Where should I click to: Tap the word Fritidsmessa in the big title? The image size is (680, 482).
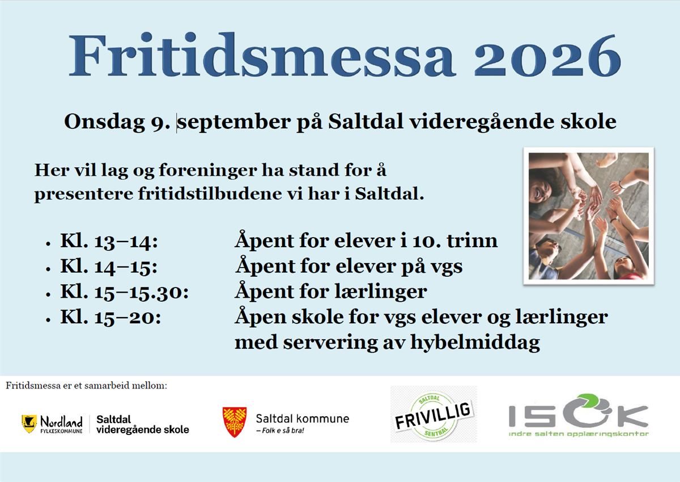(262, 55)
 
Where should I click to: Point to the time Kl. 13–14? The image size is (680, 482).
(109, 242)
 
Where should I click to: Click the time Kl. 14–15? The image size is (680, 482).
(109, 267)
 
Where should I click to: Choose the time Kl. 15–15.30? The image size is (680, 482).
(125, 293)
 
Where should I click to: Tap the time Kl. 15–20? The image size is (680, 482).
(110, 318)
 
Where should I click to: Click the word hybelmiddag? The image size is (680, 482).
(475, 343)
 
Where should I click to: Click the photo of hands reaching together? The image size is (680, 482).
(589, 216)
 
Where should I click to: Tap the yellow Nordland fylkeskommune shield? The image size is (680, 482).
(29, 424)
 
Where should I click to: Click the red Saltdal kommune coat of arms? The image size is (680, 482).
(235, 422)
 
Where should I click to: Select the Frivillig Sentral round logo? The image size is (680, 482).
(433, 414)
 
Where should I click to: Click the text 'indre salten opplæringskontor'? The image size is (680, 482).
(579, 434)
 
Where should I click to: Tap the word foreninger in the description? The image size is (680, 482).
(208, 171)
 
